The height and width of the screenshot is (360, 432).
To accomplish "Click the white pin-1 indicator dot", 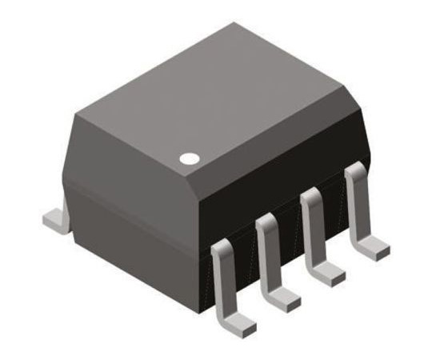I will (190, 158).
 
